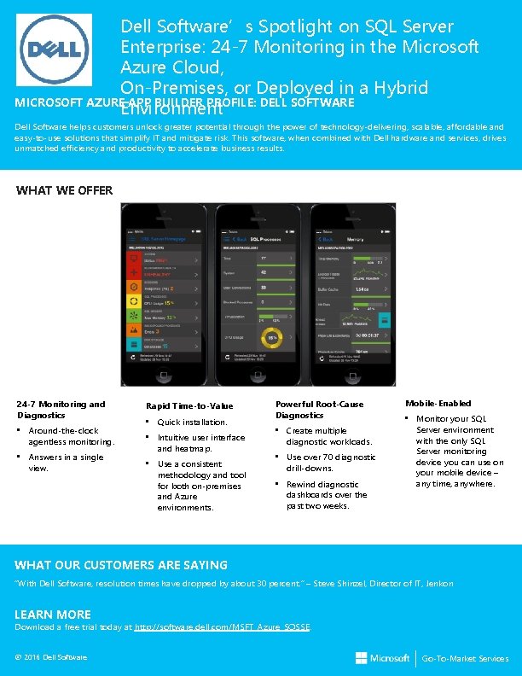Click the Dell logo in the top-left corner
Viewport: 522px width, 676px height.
(x=55, y=49)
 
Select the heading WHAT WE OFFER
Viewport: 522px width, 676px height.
(x=64, y=190)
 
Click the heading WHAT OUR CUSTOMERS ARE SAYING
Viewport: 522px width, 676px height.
(x=121, y=565)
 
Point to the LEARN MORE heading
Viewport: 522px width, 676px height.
(x=53, y=615)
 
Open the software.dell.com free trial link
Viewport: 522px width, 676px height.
(x=224, y=626)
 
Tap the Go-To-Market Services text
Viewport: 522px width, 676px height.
(x=471, y=659)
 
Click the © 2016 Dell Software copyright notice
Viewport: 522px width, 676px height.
(x=51, y=656)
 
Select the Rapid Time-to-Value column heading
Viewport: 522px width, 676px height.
(x=188, y=405)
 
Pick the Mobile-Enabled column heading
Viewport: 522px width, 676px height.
(x=438, y=403)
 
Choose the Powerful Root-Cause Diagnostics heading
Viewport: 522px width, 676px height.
(x=319, y=410)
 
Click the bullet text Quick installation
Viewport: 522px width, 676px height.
(x=192, y=422)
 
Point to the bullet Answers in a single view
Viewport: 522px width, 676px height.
(x=67, y=463)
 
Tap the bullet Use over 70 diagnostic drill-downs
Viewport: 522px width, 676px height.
(x=330, y=463)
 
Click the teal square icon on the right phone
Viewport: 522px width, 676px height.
(x=386, y=319)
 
